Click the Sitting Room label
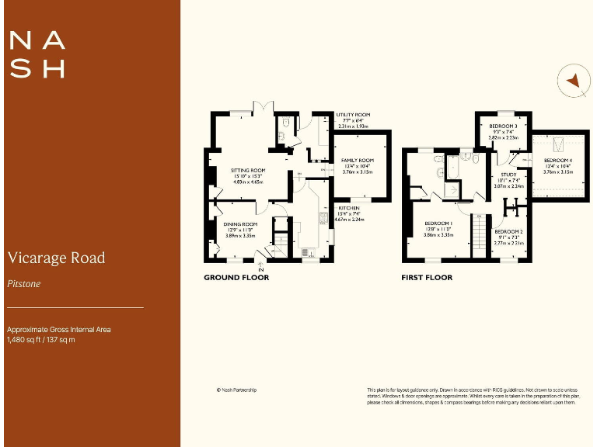click(x=247, y=170)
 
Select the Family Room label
click(x=358, y=161)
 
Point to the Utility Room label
click(x=353, y=115)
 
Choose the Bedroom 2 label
click(x=508, y=232)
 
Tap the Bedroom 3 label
click(x=504, y=126)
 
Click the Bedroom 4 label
click(x=557, y=161)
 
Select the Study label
click(x=508, y=175)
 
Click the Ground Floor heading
click(x=236, y=277)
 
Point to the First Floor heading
click(x=427, y=277)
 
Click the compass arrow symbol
click(x=573, y=81)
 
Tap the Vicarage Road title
click(x=56, y=258)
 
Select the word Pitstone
click(x=24, y=284)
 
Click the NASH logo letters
click(x=37, y=54)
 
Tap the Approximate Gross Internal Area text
click(x=59, y=329)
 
